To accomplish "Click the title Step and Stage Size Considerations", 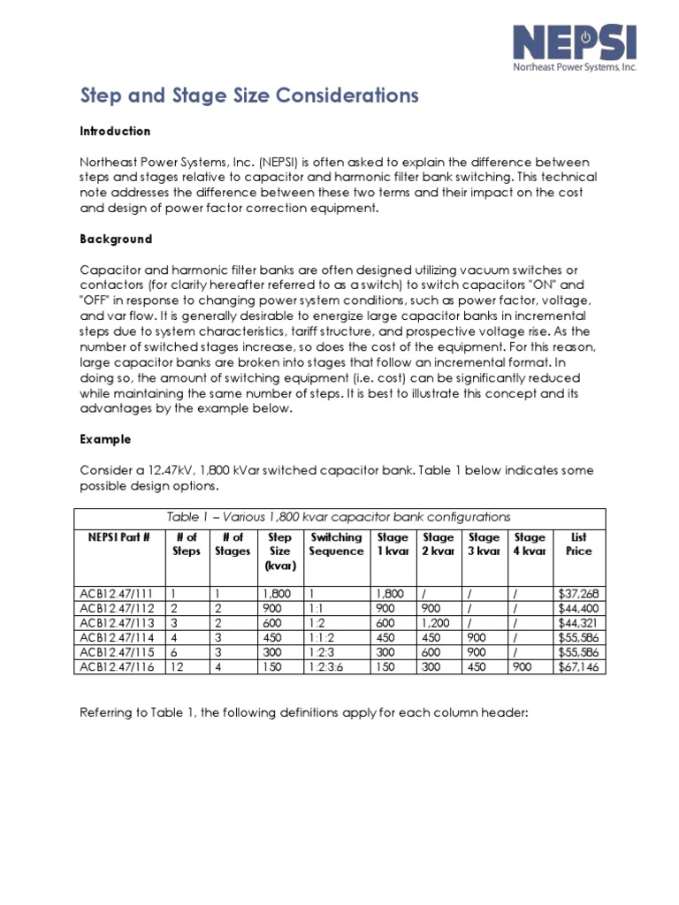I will pyautogui.click(x=250, y=95).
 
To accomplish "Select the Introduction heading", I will pyautogui.click(x=115, y=131).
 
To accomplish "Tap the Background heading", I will pyautogui.click(x=116, y=239).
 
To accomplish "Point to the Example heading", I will pyautogui.click(x=105, y=438).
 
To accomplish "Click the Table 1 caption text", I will pyautogui.click(x=339, y=517).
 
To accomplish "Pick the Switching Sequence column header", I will pyautogui.click(x=336, y=544).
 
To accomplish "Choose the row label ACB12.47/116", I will pyautogui.click(x=115, y=667).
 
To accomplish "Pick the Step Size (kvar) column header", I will pyautogui.click(x=279, y=551).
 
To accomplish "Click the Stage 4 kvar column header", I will pyautogui.click(x=530, y=544).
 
